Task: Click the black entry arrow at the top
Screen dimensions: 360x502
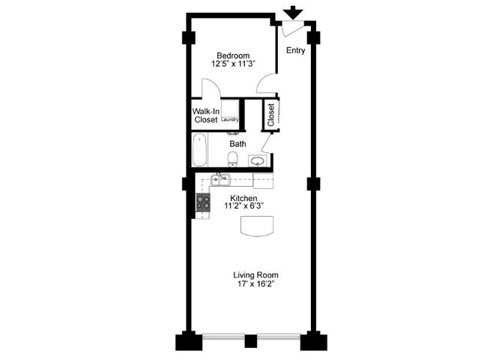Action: coord(293,13)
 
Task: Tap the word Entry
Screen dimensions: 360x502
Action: coord(295,51)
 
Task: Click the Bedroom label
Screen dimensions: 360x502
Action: coord(233,55)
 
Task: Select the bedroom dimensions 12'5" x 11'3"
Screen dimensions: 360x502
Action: coord(233,64)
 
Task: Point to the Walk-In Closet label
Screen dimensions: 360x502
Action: coord(205,115)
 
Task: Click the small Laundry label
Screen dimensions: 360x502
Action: coord(230,119)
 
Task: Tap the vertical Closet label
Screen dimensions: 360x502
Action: coord(270,114)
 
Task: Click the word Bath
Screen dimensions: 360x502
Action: coord(238,143)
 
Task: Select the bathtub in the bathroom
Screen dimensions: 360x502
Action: coord(200,150)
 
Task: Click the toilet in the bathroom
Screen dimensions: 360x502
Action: coord(233,158)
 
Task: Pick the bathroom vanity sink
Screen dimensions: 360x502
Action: coord(257,160)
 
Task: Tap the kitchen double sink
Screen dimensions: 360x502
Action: coord(220,180)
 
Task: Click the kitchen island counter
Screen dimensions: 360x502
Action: coord(257,226)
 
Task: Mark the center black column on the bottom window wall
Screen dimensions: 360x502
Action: coord(251,341)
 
